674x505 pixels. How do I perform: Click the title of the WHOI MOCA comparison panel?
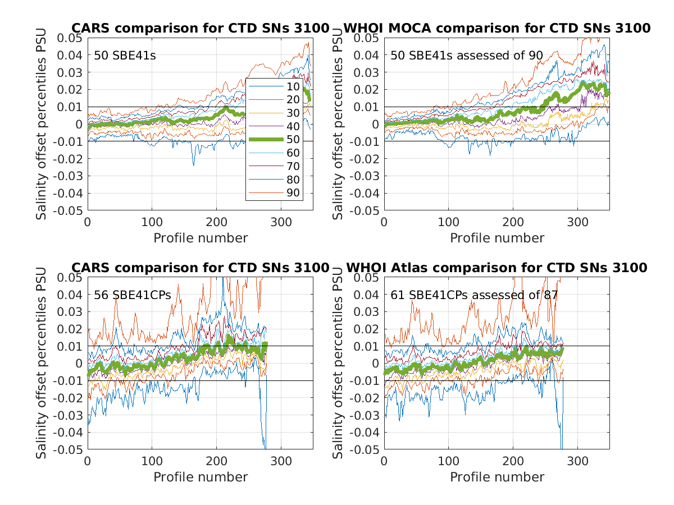point(497,28)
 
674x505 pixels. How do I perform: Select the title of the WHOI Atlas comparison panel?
point(497,268)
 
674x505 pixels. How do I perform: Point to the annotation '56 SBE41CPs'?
point(132,295)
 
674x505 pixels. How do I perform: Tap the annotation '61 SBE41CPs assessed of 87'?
point(475,295)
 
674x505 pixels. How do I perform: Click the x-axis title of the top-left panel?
point(201,238)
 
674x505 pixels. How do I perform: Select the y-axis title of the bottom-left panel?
point(42,363)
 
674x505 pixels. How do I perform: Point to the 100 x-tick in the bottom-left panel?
point(152,461)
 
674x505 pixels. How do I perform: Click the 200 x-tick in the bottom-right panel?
point(513,461)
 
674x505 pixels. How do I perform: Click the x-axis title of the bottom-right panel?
point(497,477)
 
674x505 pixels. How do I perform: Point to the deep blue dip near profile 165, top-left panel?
point(194,164)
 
